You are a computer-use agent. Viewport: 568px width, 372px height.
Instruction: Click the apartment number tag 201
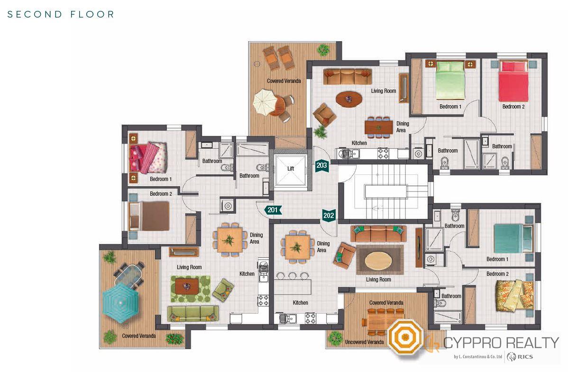pos(273,210)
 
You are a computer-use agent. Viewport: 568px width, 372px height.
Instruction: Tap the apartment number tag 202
pos(329,216)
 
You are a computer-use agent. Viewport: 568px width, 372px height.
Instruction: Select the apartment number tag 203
pos(321,165)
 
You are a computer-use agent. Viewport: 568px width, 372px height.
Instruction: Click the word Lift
pos(291,168)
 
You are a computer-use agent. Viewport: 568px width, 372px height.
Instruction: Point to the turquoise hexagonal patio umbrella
pos(120,302)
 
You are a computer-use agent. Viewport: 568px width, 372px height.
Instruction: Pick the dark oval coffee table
pos(348,99)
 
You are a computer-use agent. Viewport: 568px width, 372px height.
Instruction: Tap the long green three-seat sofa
pos(193,314)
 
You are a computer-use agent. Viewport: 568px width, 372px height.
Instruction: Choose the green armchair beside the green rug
pos(223,290)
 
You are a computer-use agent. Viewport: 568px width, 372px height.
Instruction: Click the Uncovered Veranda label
pos(364,342)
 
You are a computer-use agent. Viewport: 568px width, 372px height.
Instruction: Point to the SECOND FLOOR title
pos(61,15)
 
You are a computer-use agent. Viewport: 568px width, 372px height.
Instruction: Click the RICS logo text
pos(525,357)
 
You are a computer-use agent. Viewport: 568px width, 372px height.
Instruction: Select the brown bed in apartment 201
pos(149,216)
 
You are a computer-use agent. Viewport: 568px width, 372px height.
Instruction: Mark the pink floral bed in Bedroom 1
pos(148,158)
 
